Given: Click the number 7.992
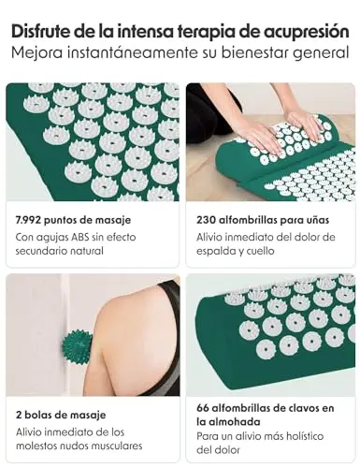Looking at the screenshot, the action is [x=28, y=220].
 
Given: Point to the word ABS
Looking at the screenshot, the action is [x=79, y=237].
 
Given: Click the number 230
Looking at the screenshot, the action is [x=206, y=220].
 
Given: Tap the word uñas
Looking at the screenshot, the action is [x=317, y=220].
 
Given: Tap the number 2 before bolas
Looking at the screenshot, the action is [x=19, y=415].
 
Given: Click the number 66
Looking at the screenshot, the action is [x=202, y=408].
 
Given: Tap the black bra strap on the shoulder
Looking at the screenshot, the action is [x=171, y=315].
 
